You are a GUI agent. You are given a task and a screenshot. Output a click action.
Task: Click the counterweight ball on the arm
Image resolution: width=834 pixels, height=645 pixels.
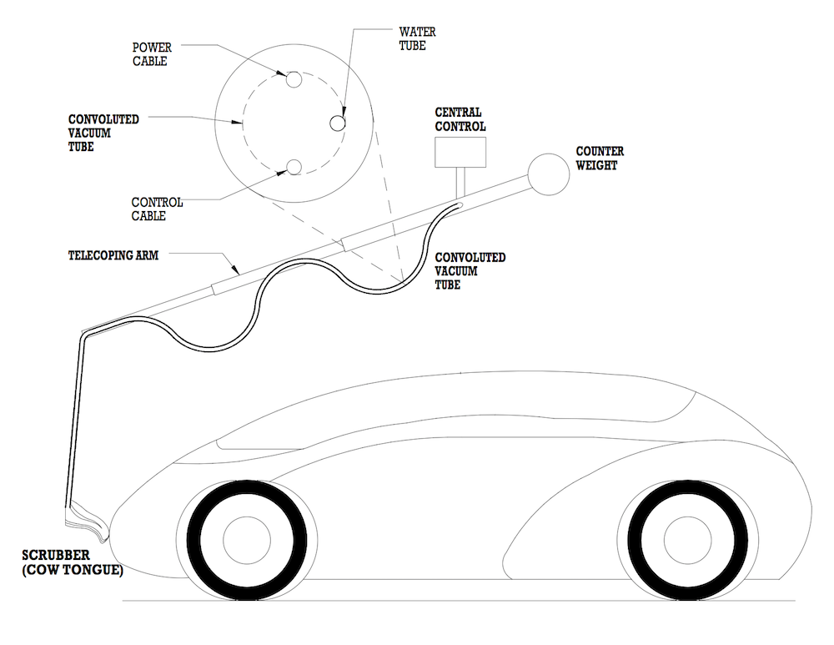click(548, 174)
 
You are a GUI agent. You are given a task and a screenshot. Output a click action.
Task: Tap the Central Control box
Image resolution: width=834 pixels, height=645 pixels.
click(460, 151)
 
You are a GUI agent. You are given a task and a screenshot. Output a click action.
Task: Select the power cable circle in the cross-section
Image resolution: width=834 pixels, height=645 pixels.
click(295, 81)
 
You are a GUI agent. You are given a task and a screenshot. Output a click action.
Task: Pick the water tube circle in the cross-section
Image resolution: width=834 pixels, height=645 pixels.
click(338, 123)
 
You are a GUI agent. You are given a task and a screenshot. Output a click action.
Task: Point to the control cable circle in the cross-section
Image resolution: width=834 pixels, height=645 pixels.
click(294, 168)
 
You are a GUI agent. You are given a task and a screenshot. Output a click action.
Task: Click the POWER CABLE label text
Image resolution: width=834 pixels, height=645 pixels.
click(151, 55)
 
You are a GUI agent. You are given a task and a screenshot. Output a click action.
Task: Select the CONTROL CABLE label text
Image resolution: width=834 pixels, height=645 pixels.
click(157, 209)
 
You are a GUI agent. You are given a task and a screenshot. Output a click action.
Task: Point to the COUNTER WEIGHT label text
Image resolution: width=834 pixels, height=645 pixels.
click(600, 158)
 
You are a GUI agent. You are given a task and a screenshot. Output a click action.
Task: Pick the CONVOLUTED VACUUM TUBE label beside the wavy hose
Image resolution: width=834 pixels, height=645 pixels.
click(470, 270)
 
